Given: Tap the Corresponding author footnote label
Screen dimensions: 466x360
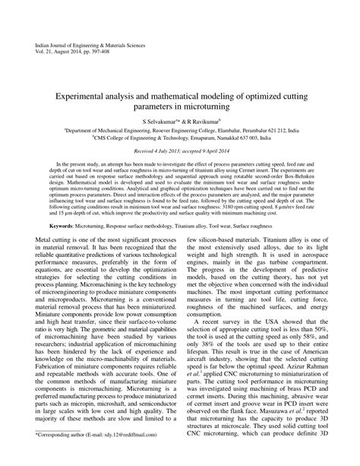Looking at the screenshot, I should [x=64, y=455].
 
